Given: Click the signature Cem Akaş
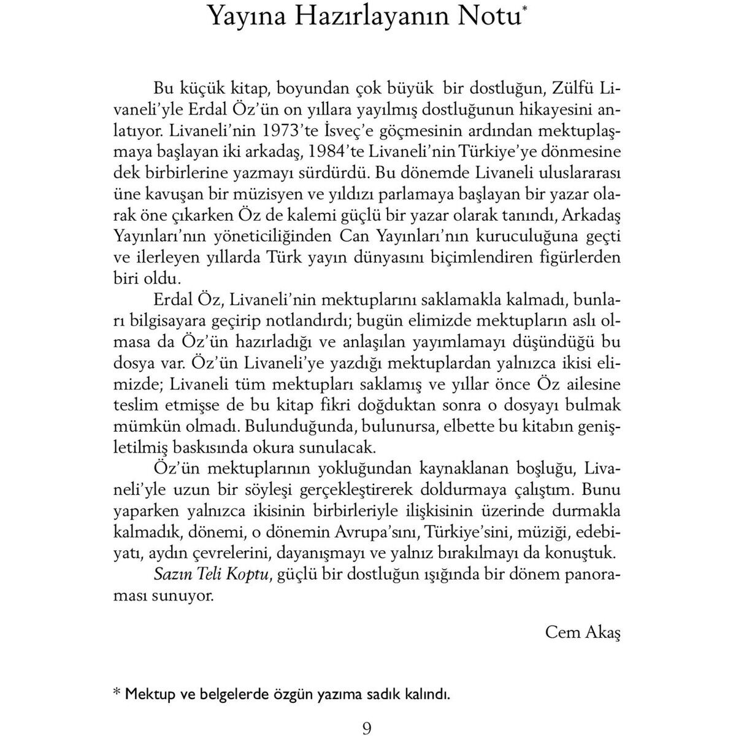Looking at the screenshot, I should point(582,632).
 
